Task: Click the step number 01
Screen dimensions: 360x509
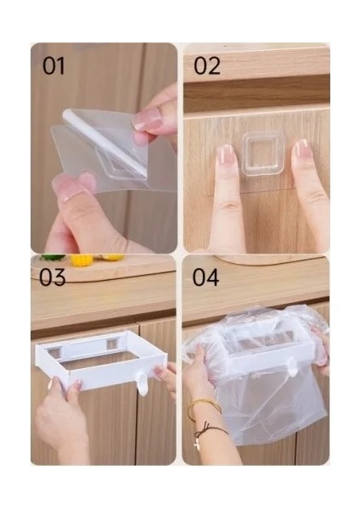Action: point(53,66)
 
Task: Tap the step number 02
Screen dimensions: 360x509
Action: point(207,66)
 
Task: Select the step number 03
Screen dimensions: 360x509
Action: point(53,277)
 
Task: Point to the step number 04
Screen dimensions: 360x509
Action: point(205,277)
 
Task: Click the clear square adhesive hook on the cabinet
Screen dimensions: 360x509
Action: point(263,154)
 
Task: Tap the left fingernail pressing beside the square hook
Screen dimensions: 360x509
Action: point(227,155)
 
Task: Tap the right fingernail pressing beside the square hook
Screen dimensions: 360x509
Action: point(301,149)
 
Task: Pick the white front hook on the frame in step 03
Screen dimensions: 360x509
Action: point(142,383)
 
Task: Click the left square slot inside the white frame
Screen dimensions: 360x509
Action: point(55,352)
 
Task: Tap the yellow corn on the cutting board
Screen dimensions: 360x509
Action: point(82,260)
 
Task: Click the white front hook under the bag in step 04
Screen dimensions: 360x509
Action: point(292,367)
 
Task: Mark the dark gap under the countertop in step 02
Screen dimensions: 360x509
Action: point(256,94)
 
